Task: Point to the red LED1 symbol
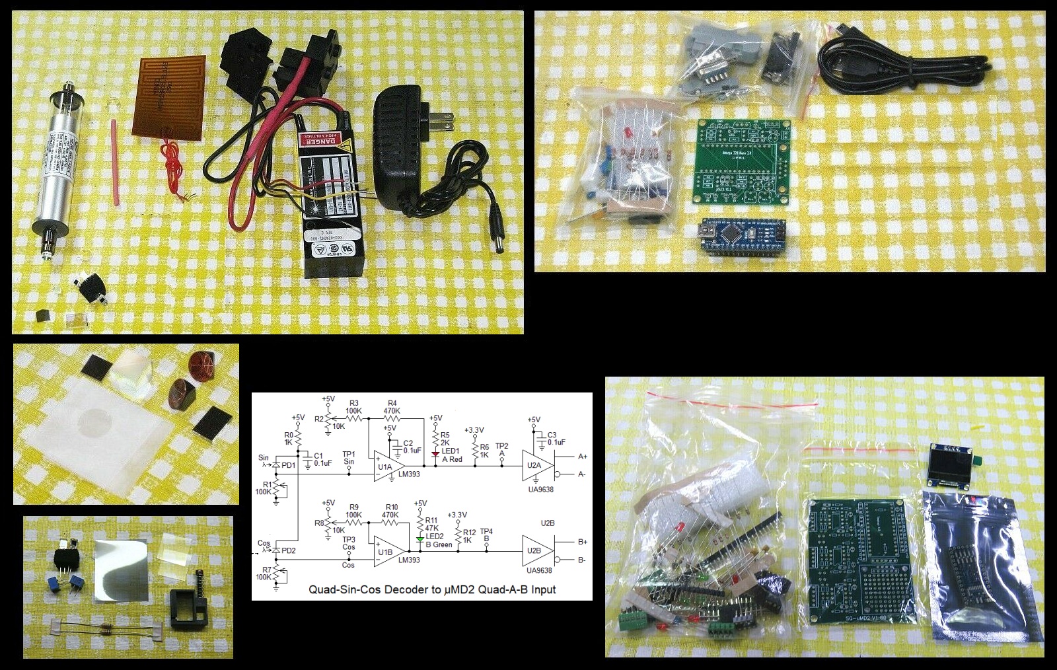(x=435, y=453)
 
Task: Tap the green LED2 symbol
(x=419, y=540)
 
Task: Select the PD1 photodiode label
(x=289, y=466)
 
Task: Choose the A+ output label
(x=583, y=457)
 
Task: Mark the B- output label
(x=582, y=560)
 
